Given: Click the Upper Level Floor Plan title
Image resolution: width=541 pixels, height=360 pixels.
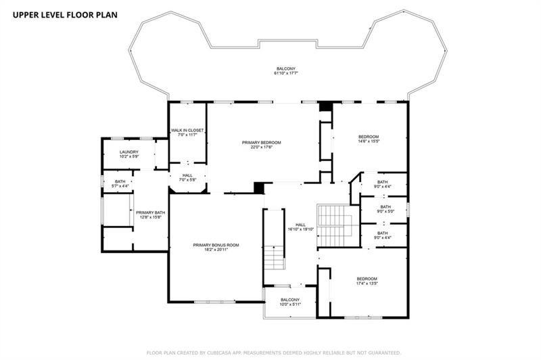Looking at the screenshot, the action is point(65,15).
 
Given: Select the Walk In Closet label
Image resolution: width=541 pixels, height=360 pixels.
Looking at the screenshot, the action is point(187,133).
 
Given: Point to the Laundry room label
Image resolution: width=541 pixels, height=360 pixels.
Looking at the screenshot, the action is point(129,154).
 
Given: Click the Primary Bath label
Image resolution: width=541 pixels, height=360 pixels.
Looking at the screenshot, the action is point(150,215).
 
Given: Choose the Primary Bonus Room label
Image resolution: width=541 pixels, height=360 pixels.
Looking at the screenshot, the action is point(216,247).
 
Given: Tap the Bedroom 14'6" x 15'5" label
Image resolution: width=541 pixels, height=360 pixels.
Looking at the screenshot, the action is point(369,139).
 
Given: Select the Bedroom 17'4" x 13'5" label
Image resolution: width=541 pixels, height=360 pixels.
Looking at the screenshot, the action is point(367,281).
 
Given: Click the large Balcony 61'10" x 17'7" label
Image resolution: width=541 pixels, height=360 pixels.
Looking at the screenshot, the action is point(285,71).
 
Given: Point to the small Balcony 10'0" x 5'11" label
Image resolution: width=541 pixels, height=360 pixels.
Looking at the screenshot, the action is point(290,302).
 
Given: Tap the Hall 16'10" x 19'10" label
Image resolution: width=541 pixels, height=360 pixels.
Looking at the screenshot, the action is point(300,227).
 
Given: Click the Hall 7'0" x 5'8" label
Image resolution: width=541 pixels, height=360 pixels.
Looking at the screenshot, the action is point(188,177).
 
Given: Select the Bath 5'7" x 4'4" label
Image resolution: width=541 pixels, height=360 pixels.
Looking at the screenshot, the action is point(120,183).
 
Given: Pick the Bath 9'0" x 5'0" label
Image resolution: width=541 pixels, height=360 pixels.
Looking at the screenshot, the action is point(383,209).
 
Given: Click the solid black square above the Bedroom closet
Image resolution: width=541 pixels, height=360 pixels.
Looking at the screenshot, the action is point(325,106).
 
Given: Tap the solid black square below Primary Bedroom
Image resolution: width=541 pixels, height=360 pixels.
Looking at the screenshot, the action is point(259,187).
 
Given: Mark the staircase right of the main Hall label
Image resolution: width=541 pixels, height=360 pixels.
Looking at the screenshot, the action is point(334,226).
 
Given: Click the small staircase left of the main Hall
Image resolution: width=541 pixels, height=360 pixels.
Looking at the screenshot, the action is point(275,258).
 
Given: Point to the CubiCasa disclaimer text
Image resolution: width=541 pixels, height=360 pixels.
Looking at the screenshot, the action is point(274,353).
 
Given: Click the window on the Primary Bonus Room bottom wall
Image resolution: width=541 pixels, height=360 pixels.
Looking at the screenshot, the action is point(214,302).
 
